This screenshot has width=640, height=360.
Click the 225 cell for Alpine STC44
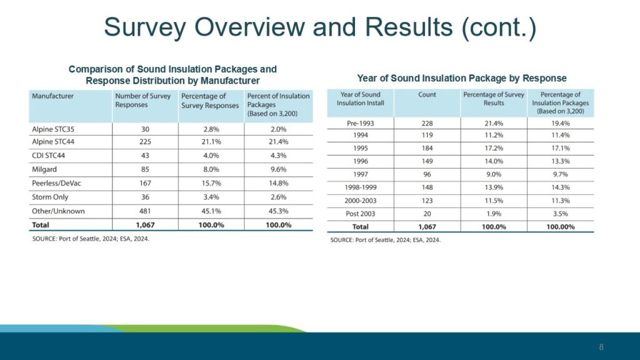coord(144,142)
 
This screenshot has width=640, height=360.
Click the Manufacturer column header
coord(53,96)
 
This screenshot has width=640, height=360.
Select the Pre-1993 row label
coord(361,124)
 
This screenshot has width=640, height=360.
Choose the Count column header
coord(427,94)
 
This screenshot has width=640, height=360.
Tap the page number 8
coord(601,347)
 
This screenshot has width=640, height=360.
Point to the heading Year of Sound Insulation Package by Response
coord(462,78)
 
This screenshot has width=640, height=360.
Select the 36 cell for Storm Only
coord(144,197)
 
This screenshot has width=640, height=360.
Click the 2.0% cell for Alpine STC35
coord(278,128)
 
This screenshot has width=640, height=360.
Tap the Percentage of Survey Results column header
coord(493,99)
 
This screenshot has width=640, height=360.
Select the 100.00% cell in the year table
coord(560,226)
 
